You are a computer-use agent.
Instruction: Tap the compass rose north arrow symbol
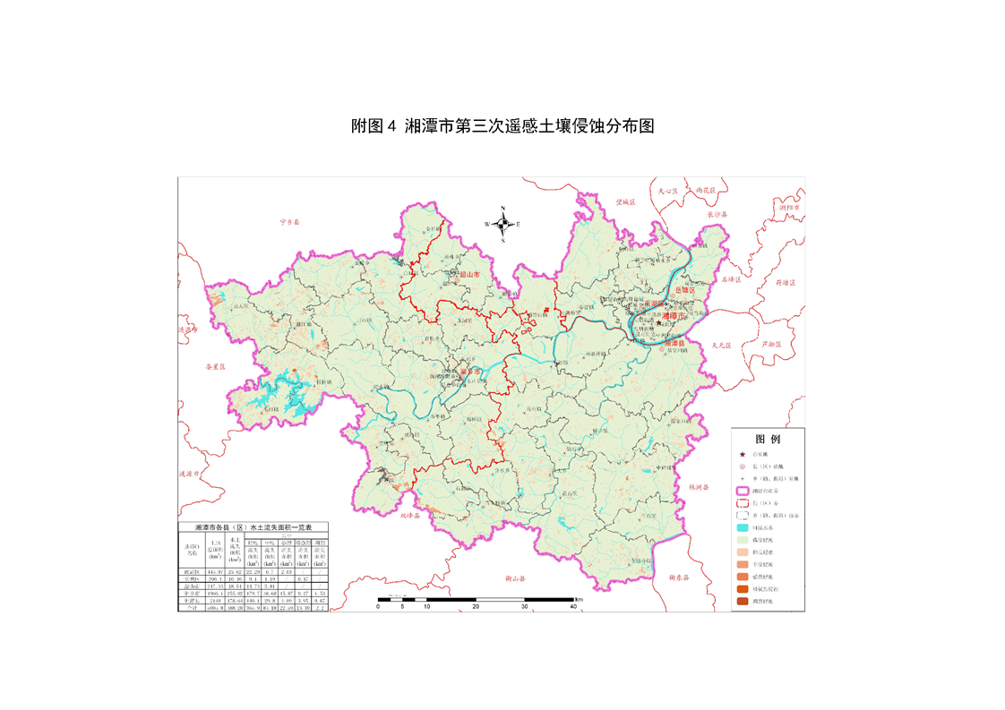[x=502, y=224]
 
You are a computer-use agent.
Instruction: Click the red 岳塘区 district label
[x=685, y=289]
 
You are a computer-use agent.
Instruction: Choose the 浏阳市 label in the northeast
[x=789, y=207]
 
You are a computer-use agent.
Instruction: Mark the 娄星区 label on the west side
[x=217, y=366]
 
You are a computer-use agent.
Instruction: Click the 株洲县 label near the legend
[x=699, y=487]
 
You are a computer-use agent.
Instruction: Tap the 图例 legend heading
[x=768, y=440]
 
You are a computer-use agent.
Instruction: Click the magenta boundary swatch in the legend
[x=743, y=491]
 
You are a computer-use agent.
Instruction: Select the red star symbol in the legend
[x=743, y=455]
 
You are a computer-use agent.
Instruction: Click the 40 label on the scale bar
[x=573, y=606]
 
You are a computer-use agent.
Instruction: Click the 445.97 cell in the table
[x=215, y=571]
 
